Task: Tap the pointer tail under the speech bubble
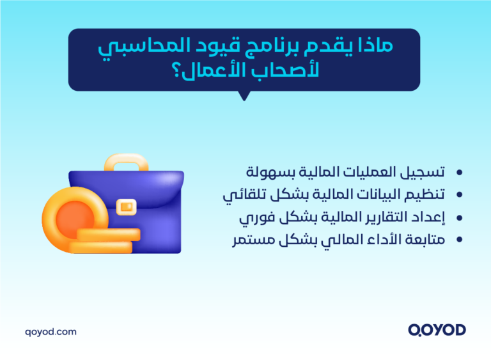(243, 96)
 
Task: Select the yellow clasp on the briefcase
(127, 206)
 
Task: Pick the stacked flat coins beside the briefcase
(105, 240)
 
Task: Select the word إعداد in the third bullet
(428, 217)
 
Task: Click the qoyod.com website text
(51, 331)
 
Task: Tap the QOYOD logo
(437, 330)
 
